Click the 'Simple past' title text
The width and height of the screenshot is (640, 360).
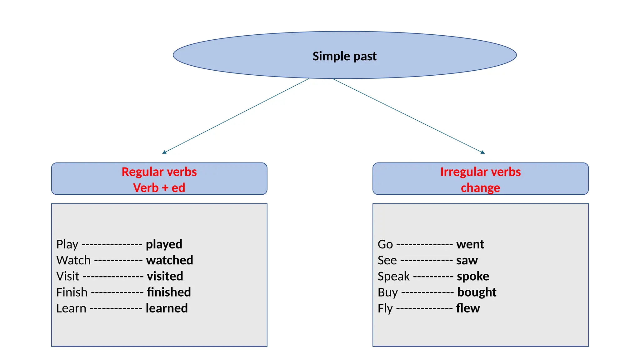(344, 56)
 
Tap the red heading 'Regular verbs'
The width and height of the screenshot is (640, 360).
(159, 172)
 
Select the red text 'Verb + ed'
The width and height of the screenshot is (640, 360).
(159, 188)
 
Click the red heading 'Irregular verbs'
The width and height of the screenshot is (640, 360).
(480, 172)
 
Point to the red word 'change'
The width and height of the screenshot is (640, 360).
(480, 188)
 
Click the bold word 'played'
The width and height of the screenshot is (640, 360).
(164, 244)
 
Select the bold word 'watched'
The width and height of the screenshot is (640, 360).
(170, 260)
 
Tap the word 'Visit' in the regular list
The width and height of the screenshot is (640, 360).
(68, 276)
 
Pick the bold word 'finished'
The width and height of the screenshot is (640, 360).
(169, 292)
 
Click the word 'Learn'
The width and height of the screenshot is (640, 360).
(71, 308)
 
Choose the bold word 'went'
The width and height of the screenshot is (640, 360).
(470, 244)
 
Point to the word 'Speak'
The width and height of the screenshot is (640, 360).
(393, 277)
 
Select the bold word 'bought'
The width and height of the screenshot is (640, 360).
(477, 292)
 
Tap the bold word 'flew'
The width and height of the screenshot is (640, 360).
(468, 308)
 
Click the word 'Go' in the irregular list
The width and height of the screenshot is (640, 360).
(385, 244)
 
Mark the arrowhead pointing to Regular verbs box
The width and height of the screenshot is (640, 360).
(164, 152)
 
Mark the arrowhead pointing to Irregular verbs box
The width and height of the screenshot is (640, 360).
(482, 152)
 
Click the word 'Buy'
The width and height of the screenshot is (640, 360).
(387, 292)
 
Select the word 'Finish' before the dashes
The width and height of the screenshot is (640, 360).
(72, 292)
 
